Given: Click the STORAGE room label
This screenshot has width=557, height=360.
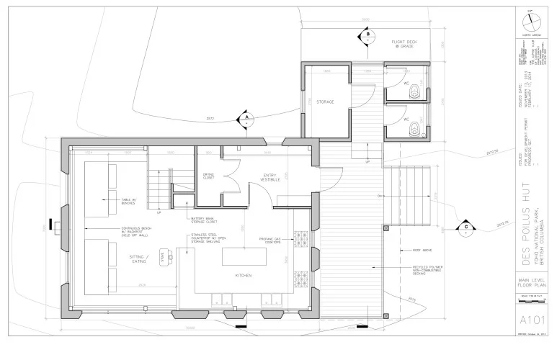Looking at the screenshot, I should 325,102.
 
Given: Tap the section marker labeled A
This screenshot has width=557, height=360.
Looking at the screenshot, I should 246,119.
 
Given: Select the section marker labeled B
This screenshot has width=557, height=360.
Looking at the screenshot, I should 367,35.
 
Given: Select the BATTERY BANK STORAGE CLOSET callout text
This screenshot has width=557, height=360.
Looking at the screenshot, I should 205,220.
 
